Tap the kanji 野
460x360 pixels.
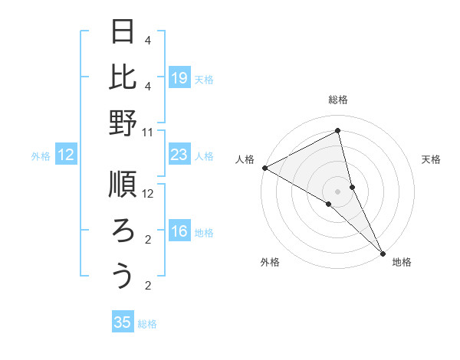pos(123,122)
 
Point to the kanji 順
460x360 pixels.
pos(123,185)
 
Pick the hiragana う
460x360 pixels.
pos(123,275)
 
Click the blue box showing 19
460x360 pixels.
pos(179,78)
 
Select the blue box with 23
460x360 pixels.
pos(179,155)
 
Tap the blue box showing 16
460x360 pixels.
pos(179,232)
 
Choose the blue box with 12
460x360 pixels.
pos(66,155)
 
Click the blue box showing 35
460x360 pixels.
pos(123,322)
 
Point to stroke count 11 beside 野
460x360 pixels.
pos(148,132)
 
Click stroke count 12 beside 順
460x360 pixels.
pos(148,195)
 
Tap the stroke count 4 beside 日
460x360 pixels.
pos(148,40)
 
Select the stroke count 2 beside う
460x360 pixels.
pos(148,286)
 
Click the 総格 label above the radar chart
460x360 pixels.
pos(338,100)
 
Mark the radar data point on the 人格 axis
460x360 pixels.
pos(264,168)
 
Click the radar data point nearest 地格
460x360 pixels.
pos(382,252)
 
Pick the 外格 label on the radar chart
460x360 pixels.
pos(270,263)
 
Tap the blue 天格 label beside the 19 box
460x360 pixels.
pos(204,79)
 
